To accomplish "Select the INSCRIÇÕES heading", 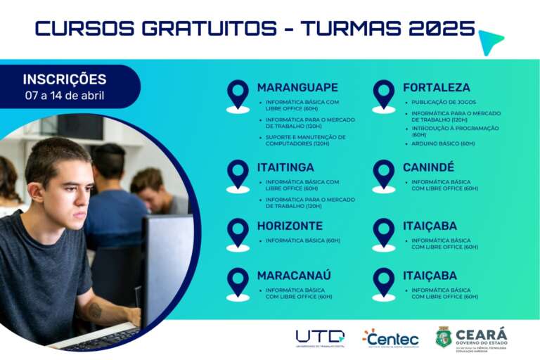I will (x=65, y=79).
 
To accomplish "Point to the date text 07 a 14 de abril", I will (x=65, y=95).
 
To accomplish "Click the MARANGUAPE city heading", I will (x=297, y=88).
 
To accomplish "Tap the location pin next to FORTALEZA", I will (x=384, y=95).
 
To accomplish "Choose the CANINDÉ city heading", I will (x=428, y=167).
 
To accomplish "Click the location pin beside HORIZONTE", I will (x=238, y=233).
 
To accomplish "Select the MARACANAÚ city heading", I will (x=294, y=275).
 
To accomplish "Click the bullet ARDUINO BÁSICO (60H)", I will (x=443, y=143).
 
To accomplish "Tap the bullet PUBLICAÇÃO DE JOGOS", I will (x=443, y=102).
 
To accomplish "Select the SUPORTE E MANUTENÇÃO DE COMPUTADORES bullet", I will (x=305, y=140).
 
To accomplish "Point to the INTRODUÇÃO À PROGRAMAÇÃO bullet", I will (x=455, y=131).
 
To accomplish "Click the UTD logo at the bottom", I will (x=320, y=337).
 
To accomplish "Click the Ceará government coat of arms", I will (x=443, y=337).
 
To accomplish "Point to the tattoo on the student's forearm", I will (x=95, y=309).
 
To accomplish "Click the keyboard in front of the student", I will (x=105, y=339).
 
